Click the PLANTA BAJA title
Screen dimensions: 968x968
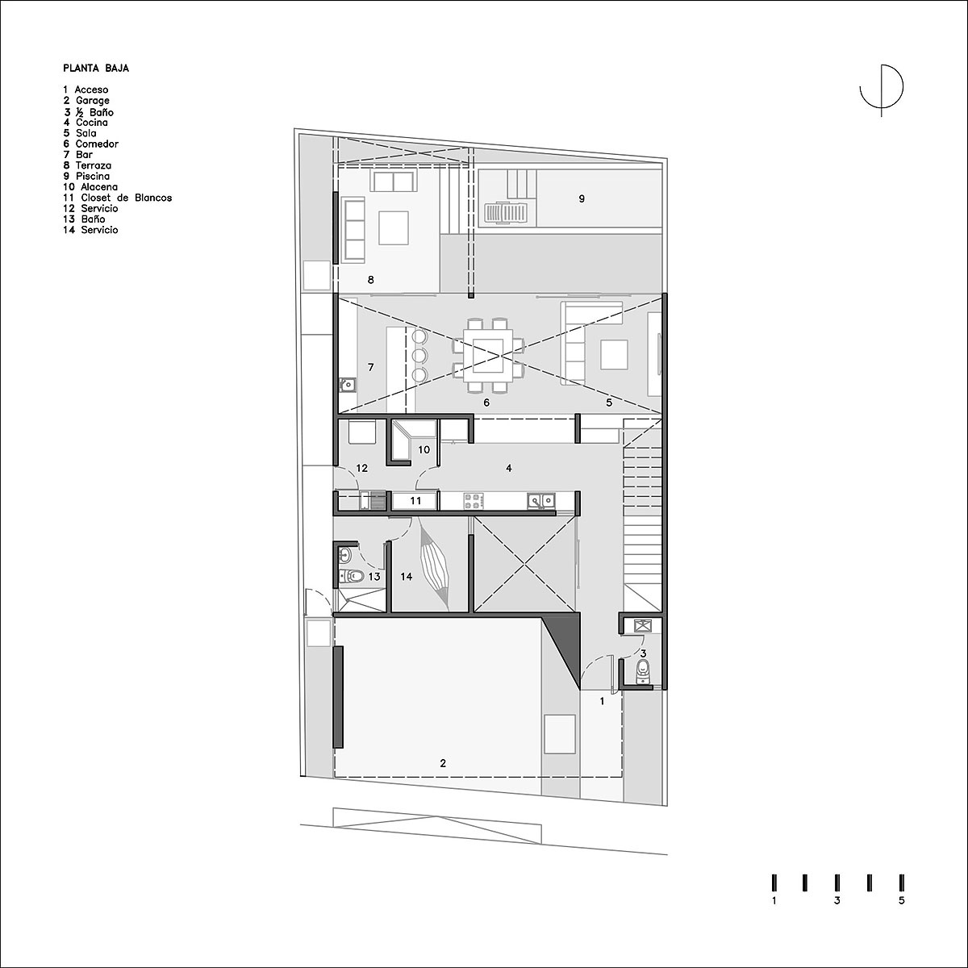[x=96, y=69]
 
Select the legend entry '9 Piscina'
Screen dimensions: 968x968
[x=86, y=177]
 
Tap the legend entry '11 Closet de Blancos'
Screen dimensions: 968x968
[x=118, y=198]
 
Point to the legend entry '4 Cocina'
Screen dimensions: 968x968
[x=86, y=123]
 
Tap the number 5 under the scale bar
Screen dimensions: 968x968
[x=902, y=915]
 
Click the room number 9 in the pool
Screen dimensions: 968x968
[x=582, y=199]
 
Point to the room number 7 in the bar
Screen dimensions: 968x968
[x=371, y=368]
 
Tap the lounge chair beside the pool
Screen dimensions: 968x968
[x=507, y=212]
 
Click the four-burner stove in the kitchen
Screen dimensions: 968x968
[x=474, y=501]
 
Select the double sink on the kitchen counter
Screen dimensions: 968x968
[x=541, y=500]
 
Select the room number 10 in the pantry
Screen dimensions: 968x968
[x=424, y=450]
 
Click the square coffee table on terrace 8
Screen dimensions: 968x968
[x=394, y=227]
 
